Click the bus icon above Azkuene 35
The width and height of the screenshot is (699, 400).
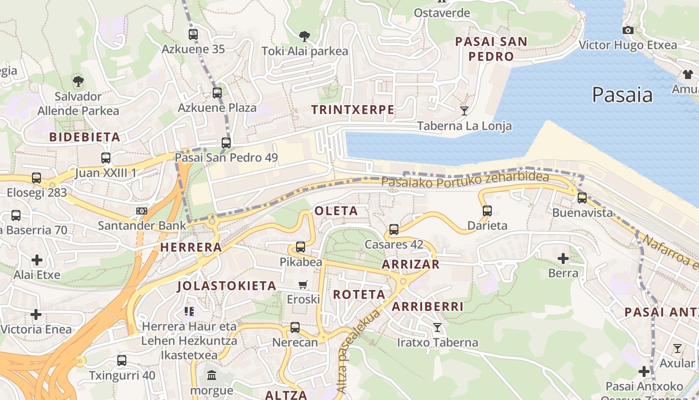(193, 34)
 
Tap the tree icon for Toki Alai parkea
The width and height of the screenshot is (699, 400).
(304, 36)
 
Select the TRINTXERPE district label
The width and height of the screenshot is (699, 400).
(352, 109)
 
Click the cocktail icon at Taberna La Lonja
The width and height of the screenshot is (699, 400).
(464, 110)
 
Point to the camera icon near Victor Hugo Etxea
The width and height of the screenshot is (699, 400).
(628, 30)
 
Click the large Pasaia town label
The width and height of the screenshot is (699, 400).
(622, 94)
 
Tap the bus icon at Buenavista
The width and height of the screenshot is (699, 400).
(582, 198)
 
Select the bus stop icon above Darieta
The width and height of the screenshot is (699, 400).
(487, 211)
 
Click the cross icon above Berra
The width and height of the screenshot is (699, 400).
(563, 258)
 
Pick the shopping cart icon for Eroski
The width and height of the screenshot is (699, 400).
(303, 285)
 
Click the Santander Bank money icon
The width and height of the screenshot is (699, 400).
(142, 211)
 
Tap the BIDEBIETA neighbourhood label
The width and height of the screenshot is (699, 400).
(85, 137)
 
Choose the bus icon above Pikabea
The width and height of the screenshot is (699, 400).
(300, 247)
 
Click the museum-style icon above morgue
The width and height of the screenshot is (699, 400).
(212, 375)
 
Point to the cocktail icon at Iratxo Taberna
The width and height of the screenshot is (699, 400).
(437, 327)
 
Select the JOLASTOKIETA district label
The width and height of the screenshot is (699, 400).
(227, 286)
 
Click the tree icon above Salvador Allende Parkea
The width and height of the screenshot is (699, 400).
(78, 81)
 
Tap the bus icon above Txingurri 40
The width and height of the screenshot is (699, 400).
(122, 360)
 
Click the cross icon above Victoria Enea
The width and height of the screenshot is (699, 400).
(36, 314)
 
